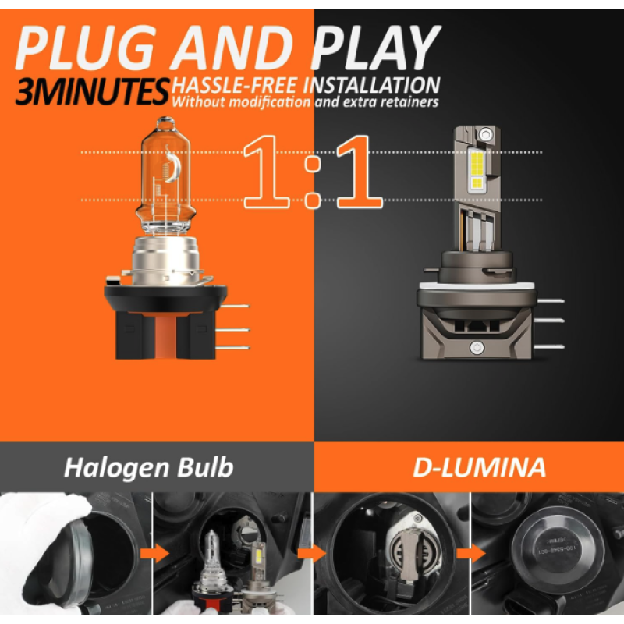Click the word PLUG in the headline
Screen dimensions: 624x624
[x=85, y=48]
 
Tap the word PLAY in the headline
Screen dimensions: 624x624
[x=376, y=48]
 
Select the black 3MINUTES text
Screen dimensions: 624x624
[x=92, y=91]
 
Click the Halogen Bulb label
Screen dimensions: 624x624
[x=148, y=467]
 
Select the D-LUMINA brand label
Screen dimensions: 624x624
[x=479, y=467]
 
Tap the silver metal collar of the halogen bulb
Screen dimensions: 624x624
[x=165, y=259]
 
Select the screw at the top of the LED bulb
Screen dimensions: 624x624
[x=485, y=134]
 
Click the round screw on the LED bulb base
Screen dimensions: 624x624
[x=477, y=347]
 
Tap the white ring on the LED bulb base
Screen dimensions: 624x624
[x=477, y=285]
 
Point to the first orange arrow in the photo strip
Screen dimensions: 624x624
[x=154, y=554]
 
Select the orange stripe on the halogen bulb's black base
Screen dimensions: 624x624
[x=165, y=335]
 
